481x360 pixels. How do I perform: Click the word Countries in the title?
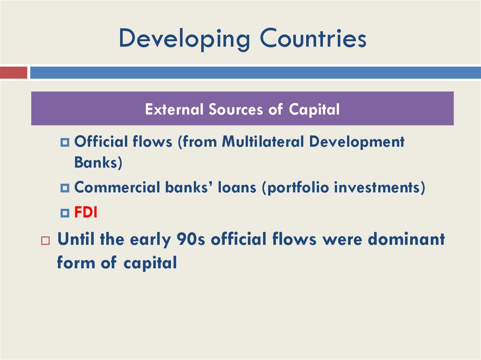(x=313, y=38)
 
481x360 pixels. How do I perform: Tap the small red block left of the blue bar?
(x=14, y=73)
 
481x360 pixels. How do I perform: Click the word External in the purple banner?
(x=175, y=109)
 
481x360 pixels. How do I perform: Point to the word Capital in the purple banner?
(x=314, y=109)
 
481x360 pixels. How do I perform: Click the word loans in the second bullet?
(x=236, y=187)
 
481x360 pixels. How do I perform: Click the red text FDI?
(x=86, y=213)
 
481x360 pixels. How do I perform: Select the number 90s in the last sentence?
(x=190, y=239)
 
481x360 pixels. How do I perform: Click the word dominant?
(x=406, y=239)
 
